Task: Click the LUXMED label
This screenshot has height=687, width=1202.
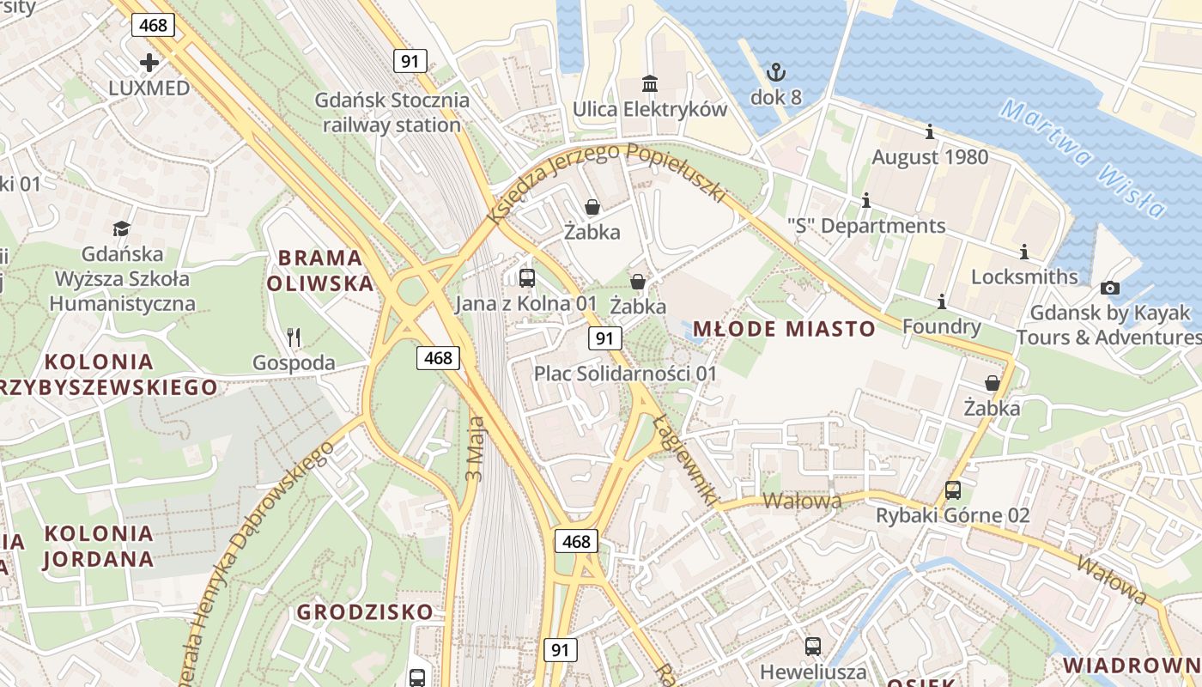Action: tap(149, 88)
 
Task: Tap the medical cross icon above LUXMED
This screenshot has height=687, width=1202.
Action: tap(149, 63)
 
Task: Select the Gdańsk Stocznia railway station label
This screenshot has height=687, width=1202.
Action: tap(392, 112)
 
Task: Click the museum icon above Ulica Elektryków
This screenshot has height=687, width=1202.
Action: tap(650, 84)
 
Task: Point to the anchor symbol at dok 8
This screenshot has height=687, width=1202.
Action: tap(775, 72)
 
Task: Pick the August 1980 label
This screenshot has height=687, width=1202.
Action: tap(930, 157)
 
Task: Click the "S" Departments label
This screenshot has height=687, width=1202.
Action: tap(865, 226)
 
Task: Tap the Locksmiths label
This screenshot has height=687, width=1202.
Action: tap(1023, 277)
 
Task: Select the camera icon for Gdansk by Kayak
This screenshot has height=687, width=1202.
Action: tap(1109, 289)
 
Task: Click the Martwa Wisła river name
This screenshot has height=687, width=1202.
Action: tap(1084, 159)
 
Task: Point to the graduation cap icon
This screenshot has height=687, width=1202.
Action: tap(121, 228)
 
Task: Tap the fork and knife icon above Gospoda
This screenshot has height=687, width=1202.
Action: tap(294, 337)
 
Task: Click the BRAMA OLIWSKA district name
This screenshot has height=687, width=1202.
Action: tap(320, 271)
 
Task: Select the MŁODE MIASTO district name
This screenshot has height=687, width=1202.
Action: tap(783, 329)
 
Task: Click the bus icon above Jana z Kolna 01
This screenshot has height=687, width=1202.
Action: tap(526, 278)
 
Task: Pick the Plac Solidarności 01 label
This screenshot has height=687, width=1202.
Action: tap(625, 374)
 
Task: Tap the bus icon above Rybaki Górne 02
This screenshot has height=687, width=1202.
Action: tap(952, 490)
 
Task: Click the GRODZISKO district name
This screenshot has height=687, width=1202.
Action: tap(365, 612)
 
